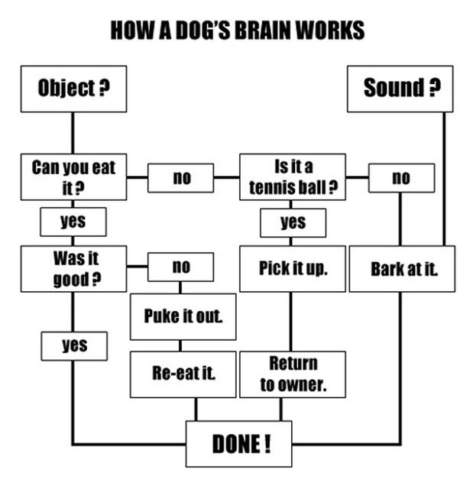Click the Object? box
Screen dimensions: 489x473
point(73,89)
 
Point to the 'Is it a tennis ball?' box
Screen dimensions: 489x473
point(293,177)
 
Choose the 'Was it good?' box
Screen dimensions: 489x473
point(73,268)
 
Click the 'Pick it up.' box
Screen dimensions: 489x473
point(293,268)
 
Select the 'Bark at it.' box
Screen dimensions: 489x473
point(402,268)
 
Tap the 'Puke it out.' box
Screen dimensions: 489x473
point(183,316)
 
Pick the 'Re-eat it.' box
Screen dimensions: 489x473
point(183,374)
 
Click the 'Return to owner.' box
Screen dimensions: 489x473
point(293,374)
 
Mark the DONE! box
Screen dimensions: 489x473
point(239,443)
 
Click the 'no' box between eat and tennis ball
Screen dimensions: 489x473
point(182,178)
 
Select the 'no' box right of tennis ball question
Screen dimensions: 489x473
point(401,178)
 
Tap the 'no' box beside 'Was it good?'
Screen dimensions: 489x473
point(181,267)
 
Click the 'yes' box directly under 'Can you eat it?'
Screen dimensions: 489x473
point(73,222)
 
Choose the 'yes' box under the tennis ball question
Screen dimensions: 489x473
point(293,222)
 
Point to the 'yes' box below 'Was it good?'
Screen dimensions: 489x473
point(74,345)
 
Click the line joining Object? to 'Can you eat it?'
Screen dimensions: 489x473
point(73,133)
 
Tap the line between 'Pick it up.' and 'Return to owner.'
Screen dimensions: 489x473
point(290,321)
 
